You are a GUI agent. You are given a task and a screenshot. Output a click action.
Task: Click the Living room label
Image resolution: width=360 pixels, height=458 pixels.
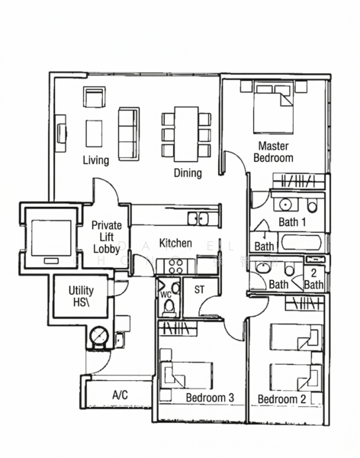(96, 160)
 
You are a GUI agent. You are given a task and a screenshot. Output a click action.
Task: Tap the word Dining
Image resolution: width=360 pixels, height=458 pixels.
(187, 173)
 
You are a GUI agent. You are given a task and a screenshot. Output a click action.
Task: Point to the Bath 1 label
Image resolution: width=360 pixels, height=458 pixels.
(292, 222)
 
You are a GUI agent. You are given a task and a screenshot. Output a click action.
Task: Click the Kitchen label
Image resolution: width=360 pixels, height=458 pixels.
(175, 244)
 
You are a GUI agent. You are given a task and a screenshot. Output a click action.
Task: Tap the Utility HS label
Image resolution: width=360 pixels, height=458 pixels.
(81, 297)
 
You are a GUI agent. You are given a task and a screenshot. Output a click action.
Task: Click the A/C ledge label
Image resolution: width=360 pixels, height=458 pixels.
(120, 395)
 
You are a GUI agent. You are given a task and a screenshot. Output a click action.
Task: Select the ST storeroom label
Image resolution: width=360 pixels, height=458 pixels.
(200, 290)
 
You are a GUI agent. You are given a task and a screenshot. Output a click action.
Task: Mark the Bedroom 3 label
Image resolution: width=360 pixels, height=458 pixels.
(210, 398)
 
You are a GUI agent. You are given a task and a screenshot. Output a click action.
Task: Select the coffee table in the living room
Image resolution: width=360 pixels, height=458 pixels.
(94, 133)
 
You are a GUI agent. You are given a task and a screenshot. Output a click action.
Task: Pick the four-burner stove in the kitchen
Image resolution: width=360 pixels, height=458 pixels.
(175, 266)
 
